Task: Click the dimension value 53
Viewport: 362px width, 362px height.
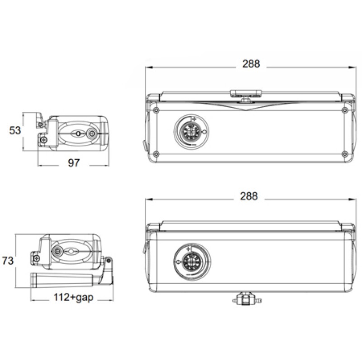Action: tap(15, 130)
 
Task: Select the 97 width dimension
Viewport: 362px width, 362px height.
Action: tap(74, 163)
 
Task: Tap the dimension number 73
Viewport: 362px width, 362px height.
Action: tap(8, 261)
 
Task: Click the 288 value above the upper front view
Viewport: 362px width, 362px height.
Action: tap(251, 64)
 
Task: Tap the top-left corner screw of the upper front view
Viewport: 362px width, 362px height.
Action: tap(156, 110)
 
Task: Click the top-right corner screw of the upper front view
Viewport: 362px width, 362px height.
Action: tap(346, 110)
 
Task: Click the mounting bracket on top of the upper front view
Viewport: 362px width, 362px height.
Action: tap(246, 94)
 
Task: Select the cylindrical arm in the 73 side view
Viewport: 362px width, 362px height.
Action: tap(63, 279)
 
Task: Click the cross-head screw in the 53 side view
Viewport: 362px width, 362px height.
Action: tap(43, 141)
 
